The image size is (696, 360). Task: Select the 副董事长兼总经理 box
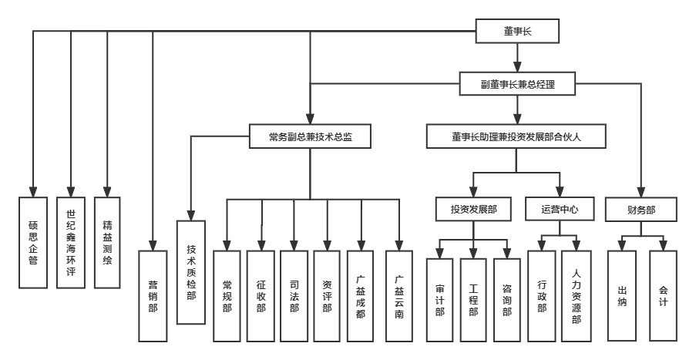[518, 84]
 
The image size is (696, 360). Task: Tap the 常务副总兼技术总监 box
[310, 137]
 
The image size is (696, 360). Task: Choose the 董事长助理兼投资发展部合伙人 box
[516, 137]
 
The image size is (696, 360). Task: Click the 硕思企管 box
[33, 241]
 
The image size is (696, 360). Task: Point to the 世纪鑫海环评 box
[70, 241]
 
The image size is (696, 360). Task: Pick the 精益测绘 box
[107, 241]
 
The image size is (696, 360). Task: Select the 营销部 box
[153, 295]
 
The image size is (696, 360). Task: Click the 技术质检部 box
[191, 271]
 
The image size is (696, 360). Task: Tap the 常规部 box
[227, 295]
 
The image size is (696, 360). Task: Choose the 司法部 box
[294, 295]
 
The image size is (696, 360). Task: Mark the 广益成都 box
[361, 295]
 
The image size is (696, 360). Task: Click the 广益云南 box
[398, 295]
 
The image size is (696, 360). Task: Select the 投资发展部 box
[473, 208]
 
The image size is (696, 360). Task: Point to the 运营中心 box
[556, 208]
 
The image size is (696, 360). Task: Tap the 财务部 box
[641, 208]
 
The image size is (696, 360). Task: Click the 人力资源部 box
[577, 295]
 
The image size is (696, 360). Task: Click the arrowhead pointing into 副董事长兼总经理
[519, 68]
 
